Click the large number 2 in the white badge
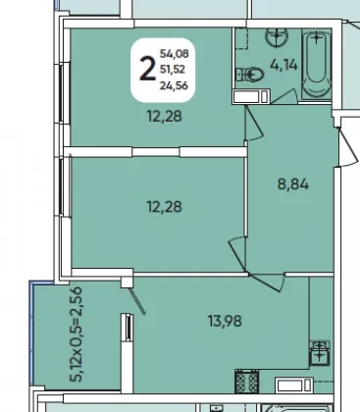point(147,69)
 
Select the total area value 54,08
point(175,53)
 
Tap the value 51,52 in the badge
point(173,70)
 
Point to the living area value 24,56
point(174,85)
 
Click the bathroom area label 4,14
point(283,65)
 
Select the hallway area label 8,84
point(293,184)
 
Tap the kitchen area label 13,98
point(226,321)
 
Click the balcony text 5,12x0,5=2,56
point(76,335)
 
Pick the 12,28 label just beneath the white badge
point(165,116)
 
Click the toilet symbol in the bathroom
point(250,75)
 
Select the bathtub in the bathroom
point(316,64)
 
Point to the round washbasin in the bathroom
point(277,36)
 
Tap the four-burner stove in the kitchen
point(246,382)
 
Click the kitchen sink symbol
point(320,353)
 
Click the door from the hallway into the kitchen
point(267,283)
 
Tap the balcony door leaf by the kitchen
point(136,300)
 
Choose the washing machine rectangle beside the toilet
point(251,96)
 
